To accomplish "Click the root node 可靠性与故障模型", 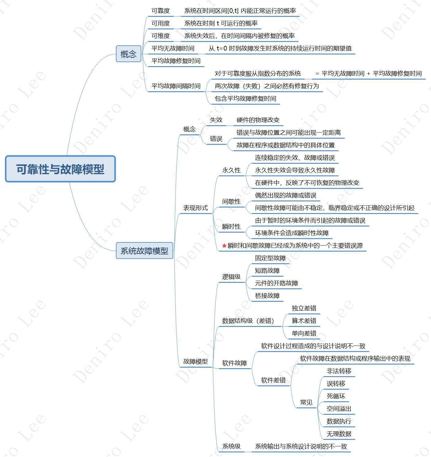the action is click(x=60, y=169).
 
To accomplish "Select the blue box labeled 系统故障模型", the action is click(x=144, y=251).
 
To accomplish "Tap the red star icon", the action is click(x=224, y=245).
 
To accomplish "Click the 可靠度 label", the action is click(x=160, y=11).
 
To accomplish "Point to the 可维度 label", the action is click(x=160, y=36).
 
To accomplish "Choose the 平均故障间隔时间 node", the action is click(x=176, y=86).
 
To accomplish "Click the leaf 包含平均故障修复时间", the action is click(x=245, y=99).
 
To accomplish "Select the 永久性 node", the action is click(x=231, y=170).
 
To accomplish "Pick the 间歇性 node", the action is click(x=231, y=201).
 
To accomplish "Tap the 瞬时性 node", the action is click(x=231, y=227).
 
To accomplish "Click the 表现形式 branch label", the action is click(x=195, y=208).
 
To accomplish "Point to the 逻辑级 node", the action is click(x=231, y=277).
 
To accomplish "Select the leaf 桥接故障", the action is click(x=267, y=296).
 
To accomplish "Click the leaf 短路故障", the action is click(x=267, y=271).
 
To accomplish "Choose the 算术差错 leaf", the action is click(x=304, y=321).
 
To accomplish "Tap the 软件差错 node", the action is click(x=273, y=380).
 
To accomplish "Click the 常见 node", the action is click(x=306, y=402).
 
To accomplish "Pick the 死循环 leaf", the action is click(x=336, y=396).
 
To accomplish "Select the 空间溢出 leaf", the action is click(x=339, y=409).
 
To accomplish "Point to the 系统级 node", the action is click(x=231, y=446).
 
